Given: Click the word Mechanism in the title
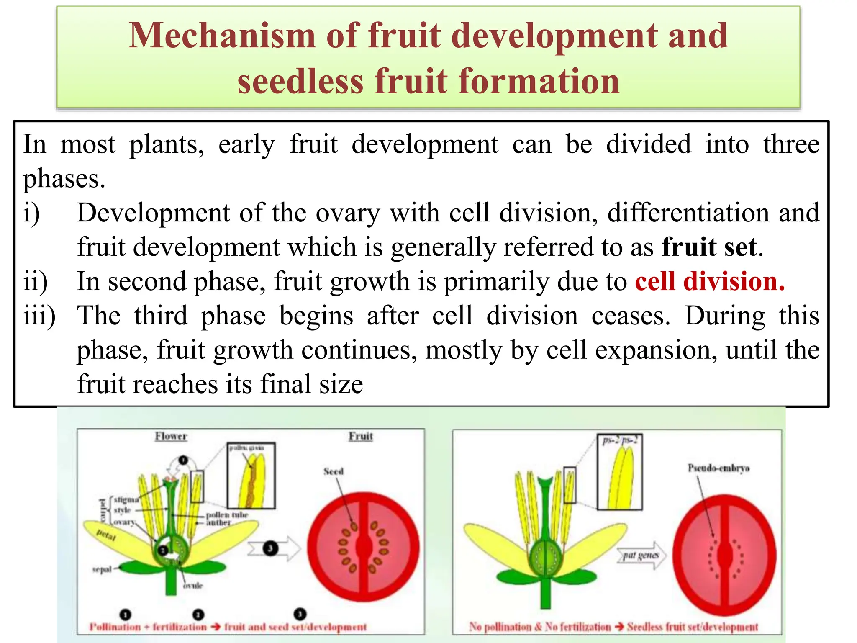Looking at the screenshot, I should pos(221,36).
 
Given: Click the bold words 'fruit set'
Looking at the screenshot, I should pos(709,247).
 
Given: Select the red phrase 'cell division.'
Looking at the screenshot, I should pos(710,281).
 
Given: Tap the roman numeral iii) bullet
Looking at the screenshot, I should pos(39,316).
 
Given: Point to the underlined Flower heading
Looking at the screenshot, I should pos(171,437).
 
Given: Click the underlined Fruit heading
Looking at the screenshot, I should pos(361,437).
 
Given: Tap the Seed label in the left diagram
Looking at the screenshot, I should pos(334,472).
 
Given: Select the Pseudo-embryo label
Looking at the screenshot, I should pos(718,468).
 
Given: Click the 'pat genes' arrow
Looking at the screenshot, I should pos(641,556).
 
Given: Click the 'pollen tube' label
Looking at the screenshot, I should pos(227,515).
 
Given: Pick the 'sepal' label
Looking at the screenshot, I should pos(102,569).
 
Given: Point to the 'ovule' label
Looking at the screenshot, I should pos(193,586).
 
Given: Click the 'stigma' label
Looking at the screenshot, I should pos(126,499).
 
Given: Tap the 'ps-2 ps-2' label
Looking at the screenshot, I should pos(620,440).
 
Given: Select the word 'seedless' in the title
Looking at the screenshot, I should pos(300,81).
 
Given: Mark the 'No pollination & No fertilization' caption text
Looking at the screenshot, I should pos(540,627).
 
